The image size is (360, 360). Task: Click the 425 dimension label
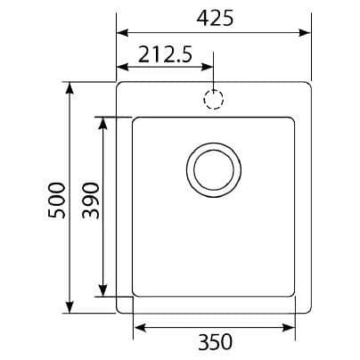215,19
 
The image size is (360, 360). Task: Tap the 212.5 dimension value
165,54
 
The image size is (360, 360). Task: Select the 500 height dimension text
56,200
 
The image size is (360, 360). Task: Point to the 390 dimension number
91,200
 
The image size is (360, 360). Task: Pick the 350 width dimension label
215,342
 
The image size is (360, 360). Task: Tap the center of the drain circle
214,170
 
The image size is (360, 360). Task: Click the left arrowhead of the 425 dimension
122,33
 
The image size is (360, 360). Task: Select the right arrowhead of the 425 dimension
305,33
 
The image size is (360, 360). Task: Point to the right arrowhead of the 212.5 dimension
207,67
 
